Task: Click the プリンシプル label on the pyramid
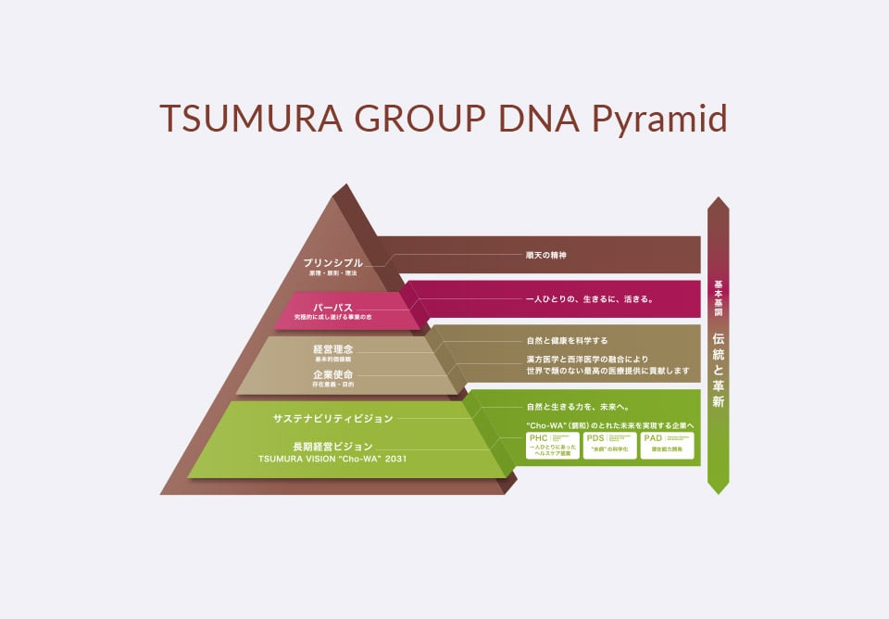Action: (x=332, y=263)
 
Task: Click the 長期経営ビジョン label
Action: (x=332, y=445)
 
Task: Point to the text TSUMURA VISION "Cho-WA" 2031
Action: (x=332, y=459)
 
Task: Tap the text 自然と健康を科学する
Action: (x=567, y=340)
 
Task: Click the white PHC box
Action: (x=552, y=445)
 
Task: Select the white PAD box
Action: (x=667, y=445)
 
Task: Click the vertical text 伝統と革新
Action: (x=719, y=371)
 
